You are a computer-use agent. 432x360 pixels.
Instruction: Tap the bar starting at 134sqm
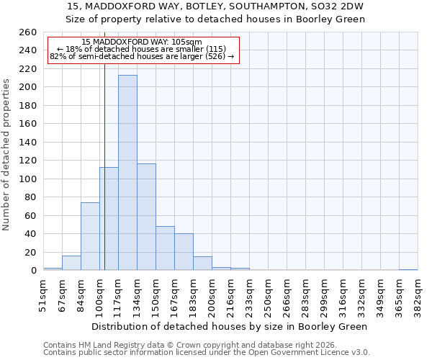(146, 217)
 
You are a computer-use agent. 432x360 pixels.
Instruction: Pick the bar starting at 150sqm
(165, 248)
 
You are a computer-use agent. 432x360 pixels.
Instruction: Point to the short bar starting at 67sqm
(71, 264)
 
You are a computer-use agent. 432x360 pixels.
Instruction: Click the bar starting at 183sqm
(202, 264)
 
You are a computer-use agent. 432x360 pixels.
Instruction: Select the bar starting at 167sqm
(184, 252)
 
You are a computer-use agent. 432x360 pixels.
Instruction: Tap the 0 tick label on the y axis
(33, 271)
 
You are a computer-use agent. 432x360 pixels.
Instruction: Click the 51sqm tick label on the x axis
(43, 294)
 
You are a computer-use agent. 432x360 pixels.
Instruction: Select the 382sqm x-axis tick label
(418, 294)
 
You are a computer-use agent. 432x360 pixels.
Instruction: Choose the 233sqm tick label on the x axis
(249, 294)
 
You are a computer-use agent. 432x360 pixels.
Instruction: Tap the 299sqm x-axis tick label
(324, 294)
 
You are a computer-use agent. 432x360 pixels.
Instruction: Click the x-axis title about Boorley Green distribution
(230, 326)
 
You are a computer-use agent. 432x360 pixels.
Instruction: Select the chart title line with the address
(215, 6)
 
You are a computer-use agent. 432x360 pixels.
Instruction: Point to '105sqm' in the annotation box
(188, 42)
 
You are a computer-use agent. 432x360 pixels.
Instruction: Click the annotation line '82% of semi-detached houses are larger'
(142, 56)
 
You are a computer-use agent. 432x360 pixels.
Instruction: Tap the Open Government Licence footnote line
(207, 353)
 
